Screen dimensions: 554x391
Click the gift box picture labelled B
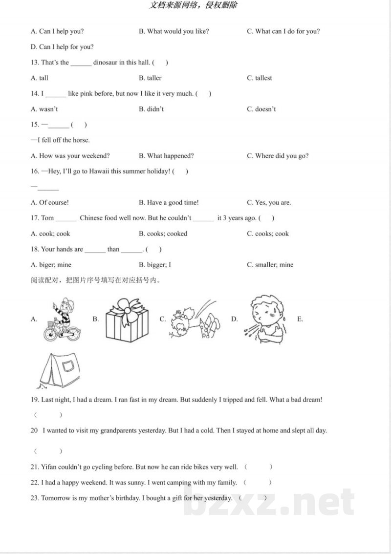tap(127, 322)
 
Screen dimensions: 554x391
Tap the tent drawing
tap(60, 369)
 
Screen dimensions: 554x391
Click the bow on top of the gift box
tap(127, 307)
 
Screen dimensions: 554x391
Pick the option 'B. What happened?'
tap(166, 156)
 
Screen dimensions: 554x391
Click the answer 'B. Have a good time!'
tap(169, 203)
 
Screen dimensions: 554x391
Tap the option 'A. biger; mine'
tap(51, 265)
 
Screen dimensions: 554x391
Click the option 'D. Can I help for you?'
tap(62, 47)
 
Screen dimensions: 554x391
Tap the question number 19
tap(34, 400)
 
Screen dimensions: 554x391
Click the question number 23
tap(34, 498)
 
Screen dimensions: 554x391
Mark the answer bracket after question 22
tap(257, 483)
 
